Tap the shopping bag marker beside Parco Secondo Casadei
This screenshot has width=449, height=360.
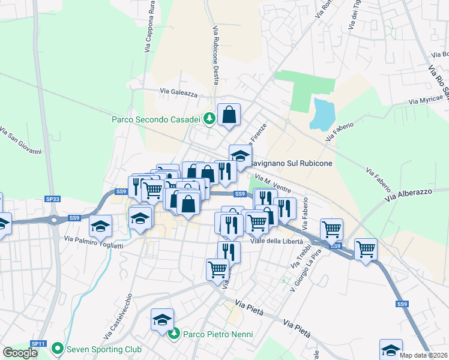(x=229, y=114)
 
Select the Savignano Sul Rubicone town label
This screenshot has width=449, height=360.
(x=291, y=163)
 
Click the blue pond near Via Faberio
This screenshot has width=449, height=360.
(x=322, y=114)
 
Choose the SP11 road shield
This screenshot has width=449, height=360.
(x=38, y=344)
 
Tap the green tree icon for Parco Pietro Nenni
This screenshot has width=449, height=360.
(x=175, y=334)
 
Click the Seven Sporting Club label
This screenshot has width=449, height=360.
(x=104, y=349)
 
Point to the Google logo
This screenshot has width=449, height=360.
(x=20, y=353)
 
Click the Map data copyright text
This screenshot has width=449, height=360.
(x=424, y=355)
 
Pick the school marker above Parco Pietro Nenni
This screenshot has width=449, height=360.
(x=162, y=320)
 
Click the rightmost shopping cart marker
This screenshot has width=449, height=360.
(x=366, y=247)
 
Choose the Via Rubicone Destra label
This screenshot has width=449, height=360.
(x=215, y=55)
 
